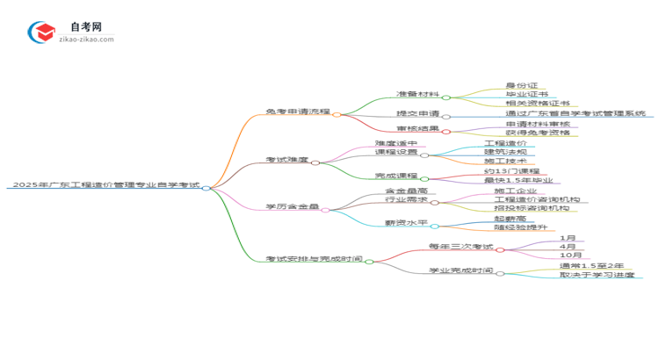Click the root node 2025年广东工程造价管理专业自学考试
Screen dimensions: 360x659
click(x=104, y=186)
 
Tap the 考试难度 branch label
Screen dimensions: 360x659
click(x=286, y=161)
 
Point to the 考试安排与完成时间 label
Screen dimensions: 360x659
click(x=314, y=259)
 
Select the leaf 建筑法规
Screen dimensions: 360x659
click(x=505, y=152)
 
